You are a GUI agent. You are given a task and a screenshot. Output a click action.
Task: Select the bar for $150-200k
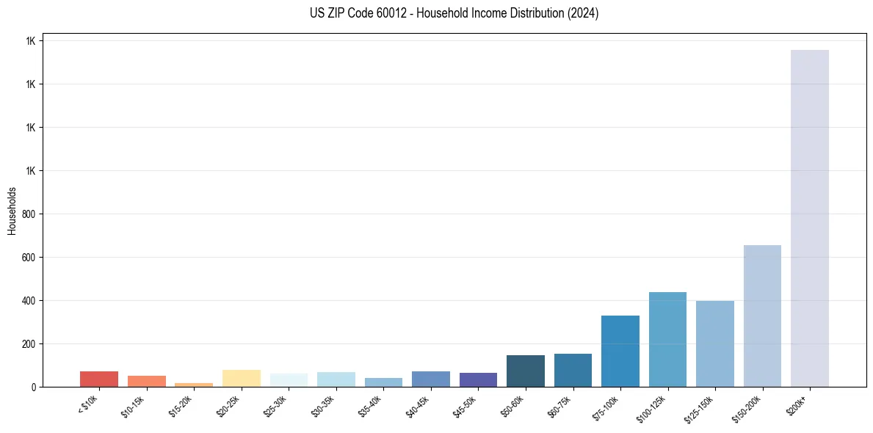[x=762, y=316]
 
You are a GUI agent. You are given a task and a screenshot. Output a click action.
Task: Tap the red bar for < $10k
[x=99, y=379]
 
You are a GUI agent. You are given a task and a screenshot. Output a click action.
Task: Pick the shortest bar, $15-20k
[x=194, y=385]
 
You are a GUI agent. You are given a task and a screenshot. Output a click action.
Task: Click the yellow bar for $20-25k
[x=242, y=378]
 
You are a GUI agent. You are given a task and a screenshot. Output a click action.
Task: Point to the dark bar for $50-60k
[x=526, y=371]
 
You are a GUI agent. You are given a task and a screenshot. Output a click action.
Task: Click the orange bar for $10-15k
[x=147, y=381]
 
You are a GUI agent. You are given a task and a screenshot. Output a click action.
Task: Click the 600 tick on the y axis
[x=29, y=258]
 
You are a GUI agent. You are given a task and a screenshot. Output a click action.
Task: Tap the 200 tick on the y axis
[x=29, y=343]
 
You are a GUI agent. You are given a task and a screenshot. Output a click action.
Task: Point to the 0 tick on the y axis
[x=34, y=387]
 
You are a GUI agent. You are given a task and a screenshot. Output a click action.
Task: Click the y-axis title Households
[x=12, y=210]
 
